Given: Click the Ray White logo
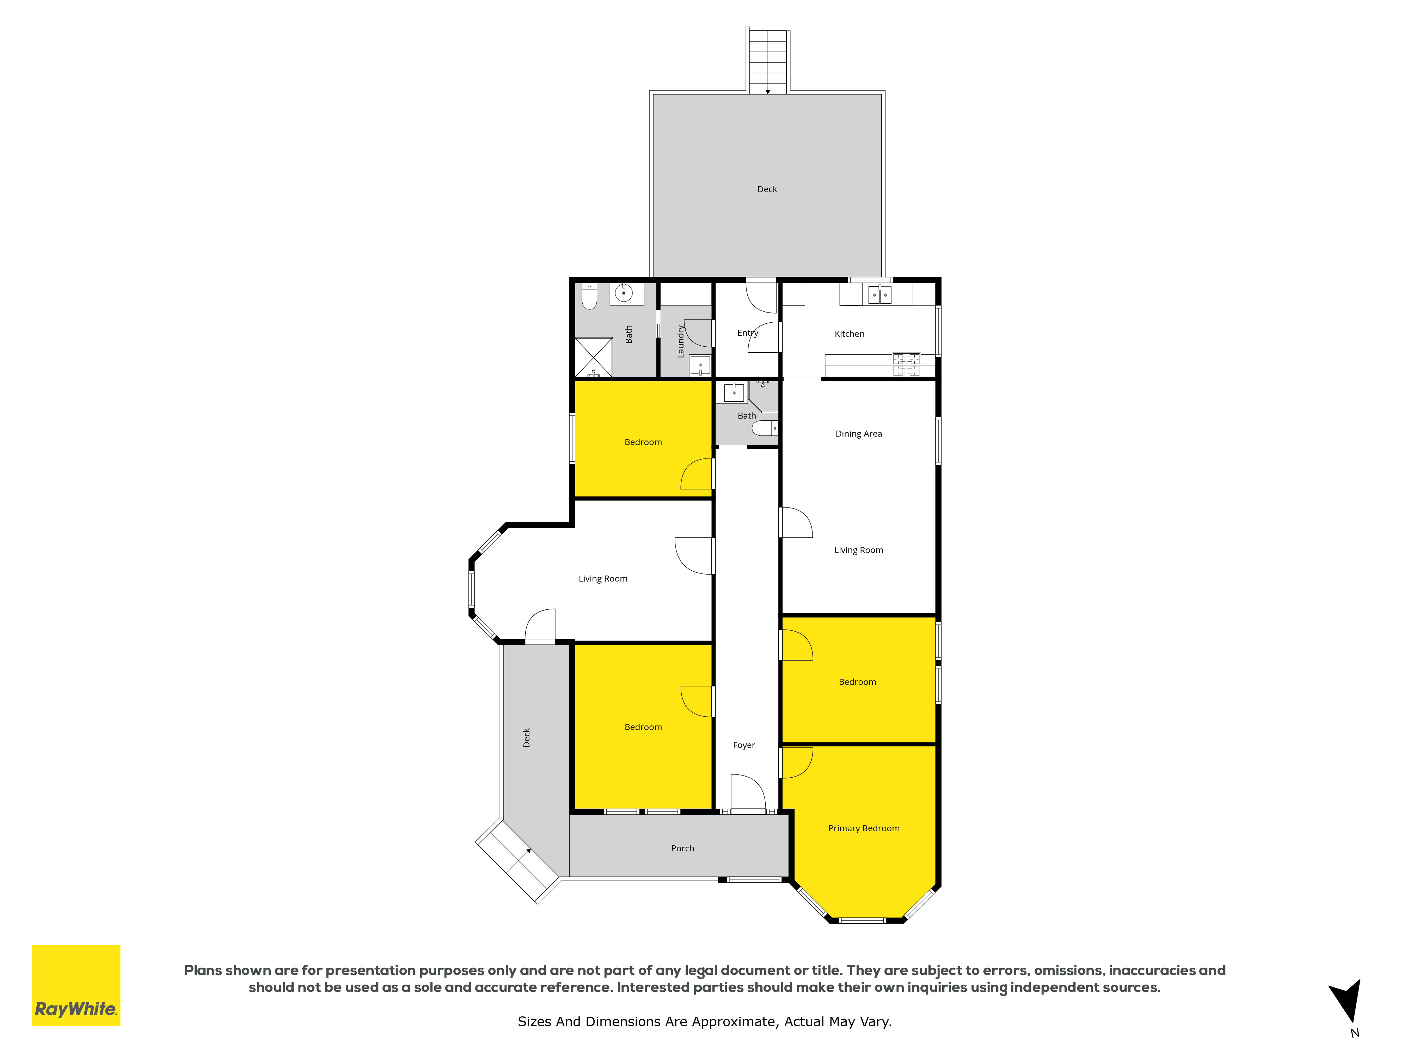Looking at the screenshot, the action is pos(76,985).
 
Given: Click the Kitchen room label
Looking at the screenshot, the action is pos(849,334).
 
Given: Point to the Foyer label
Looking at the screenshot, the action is pos(744,745).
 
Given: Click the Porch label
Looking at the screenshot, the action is pos(682,848).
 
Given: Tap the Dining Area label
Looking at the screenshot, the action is pos(859,434).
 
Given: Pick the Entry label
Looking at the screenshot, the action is pos(748,333).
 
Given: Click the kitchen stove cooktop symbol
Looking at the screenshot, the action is pos(906,364).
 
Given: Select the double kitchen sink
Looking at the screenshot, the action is pos(879,294).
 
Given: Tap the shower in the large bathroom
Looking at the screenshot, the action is pos(594,357).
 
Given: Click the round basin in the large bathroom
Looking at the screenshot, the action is pos(624,293).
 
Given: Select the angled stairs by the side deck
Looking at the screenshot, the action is pos(517,861).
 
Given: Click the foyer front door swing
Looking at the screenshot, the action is pos(748,792).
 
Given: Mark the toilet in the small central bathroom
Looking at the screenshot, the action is pos(765,427).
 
